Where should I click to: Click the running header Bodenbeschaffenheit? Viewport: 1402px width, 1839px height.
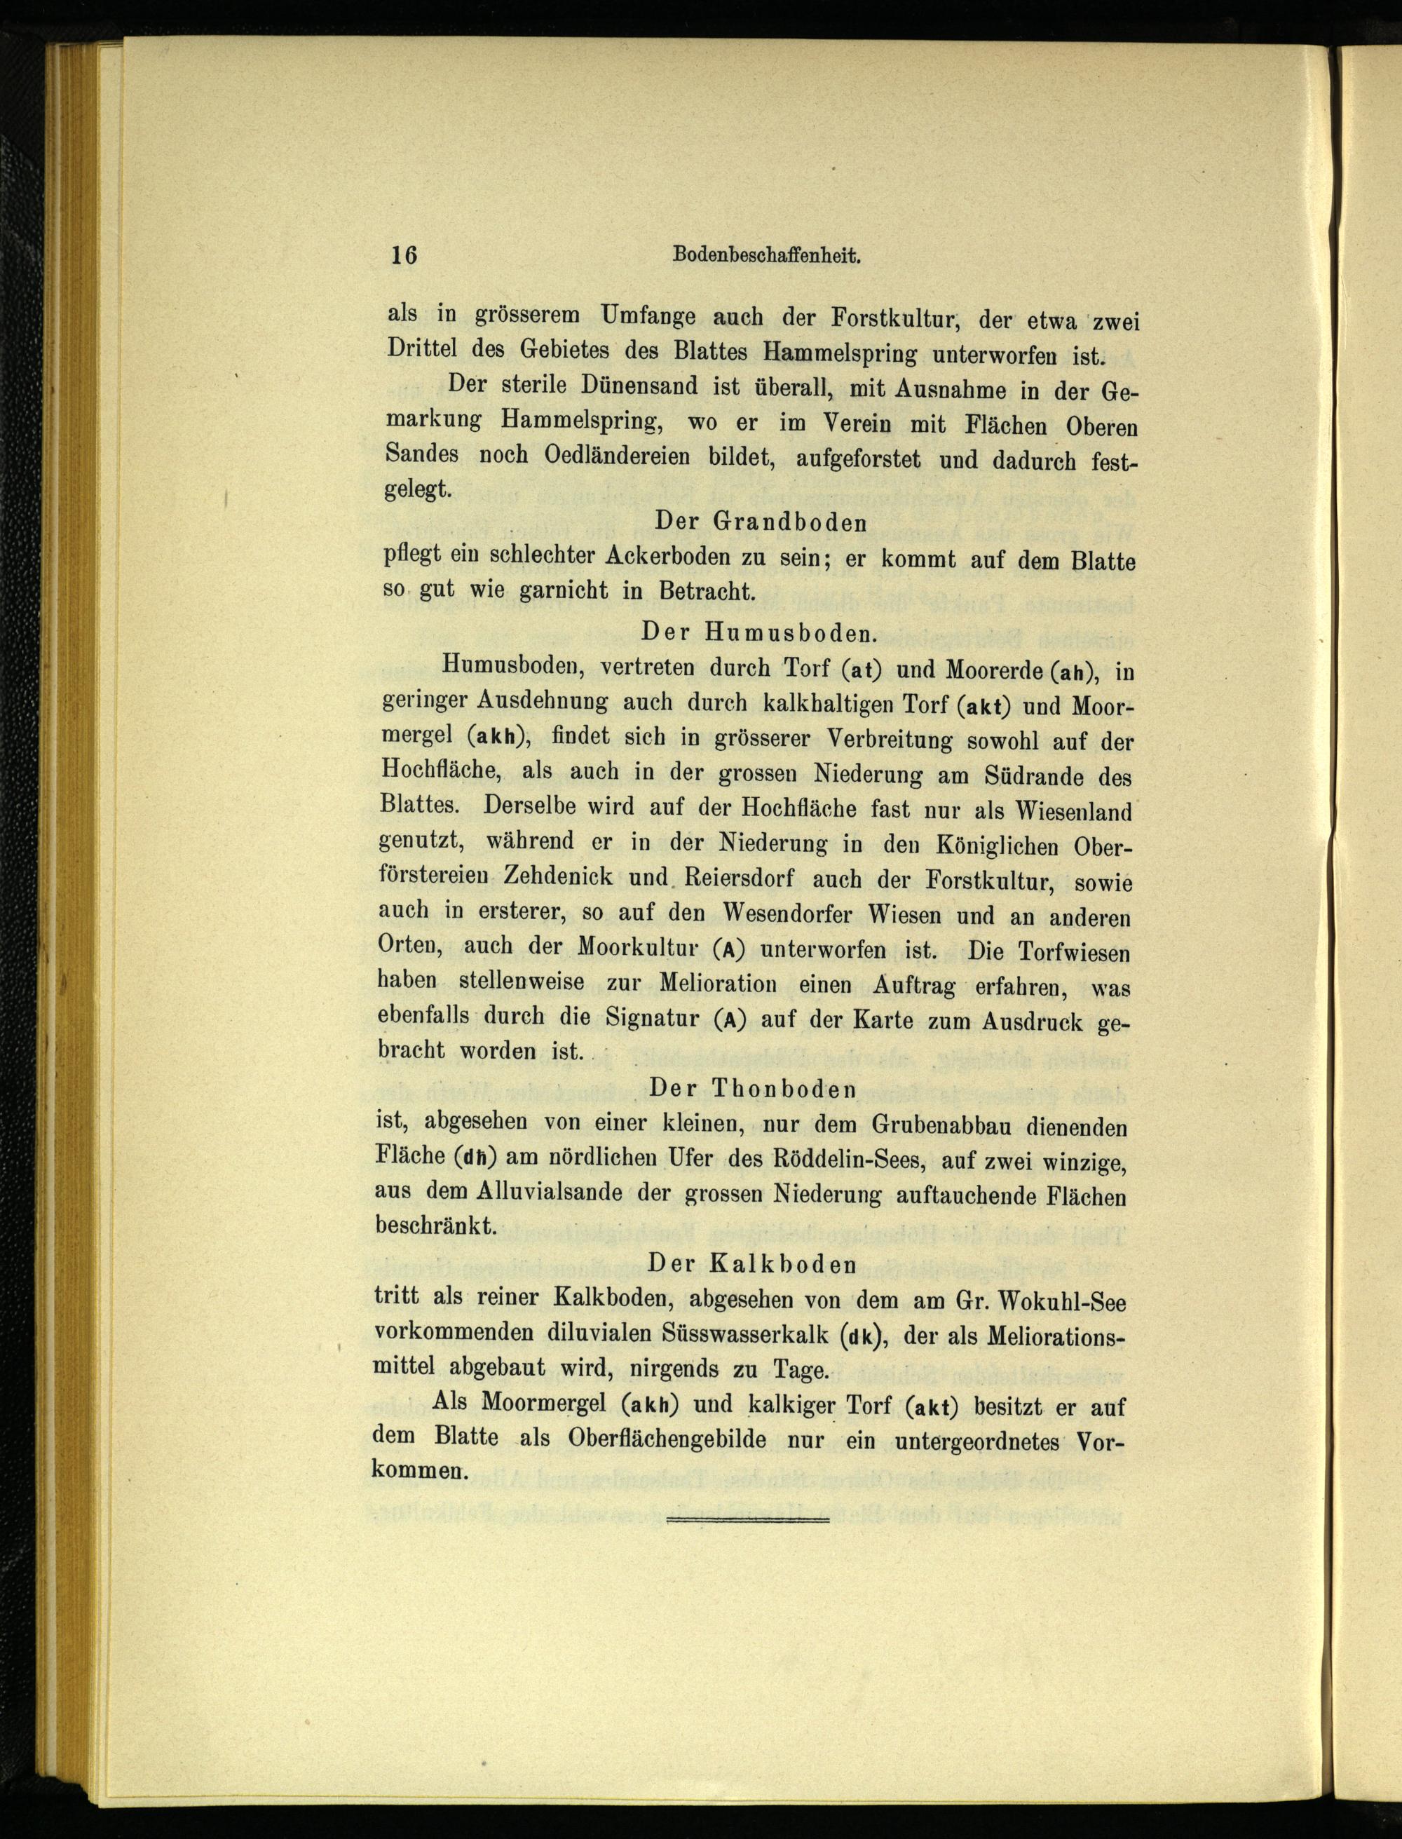(766, 257)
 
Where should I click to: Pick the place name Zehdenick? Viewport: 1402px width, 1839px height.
(558, 876)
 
